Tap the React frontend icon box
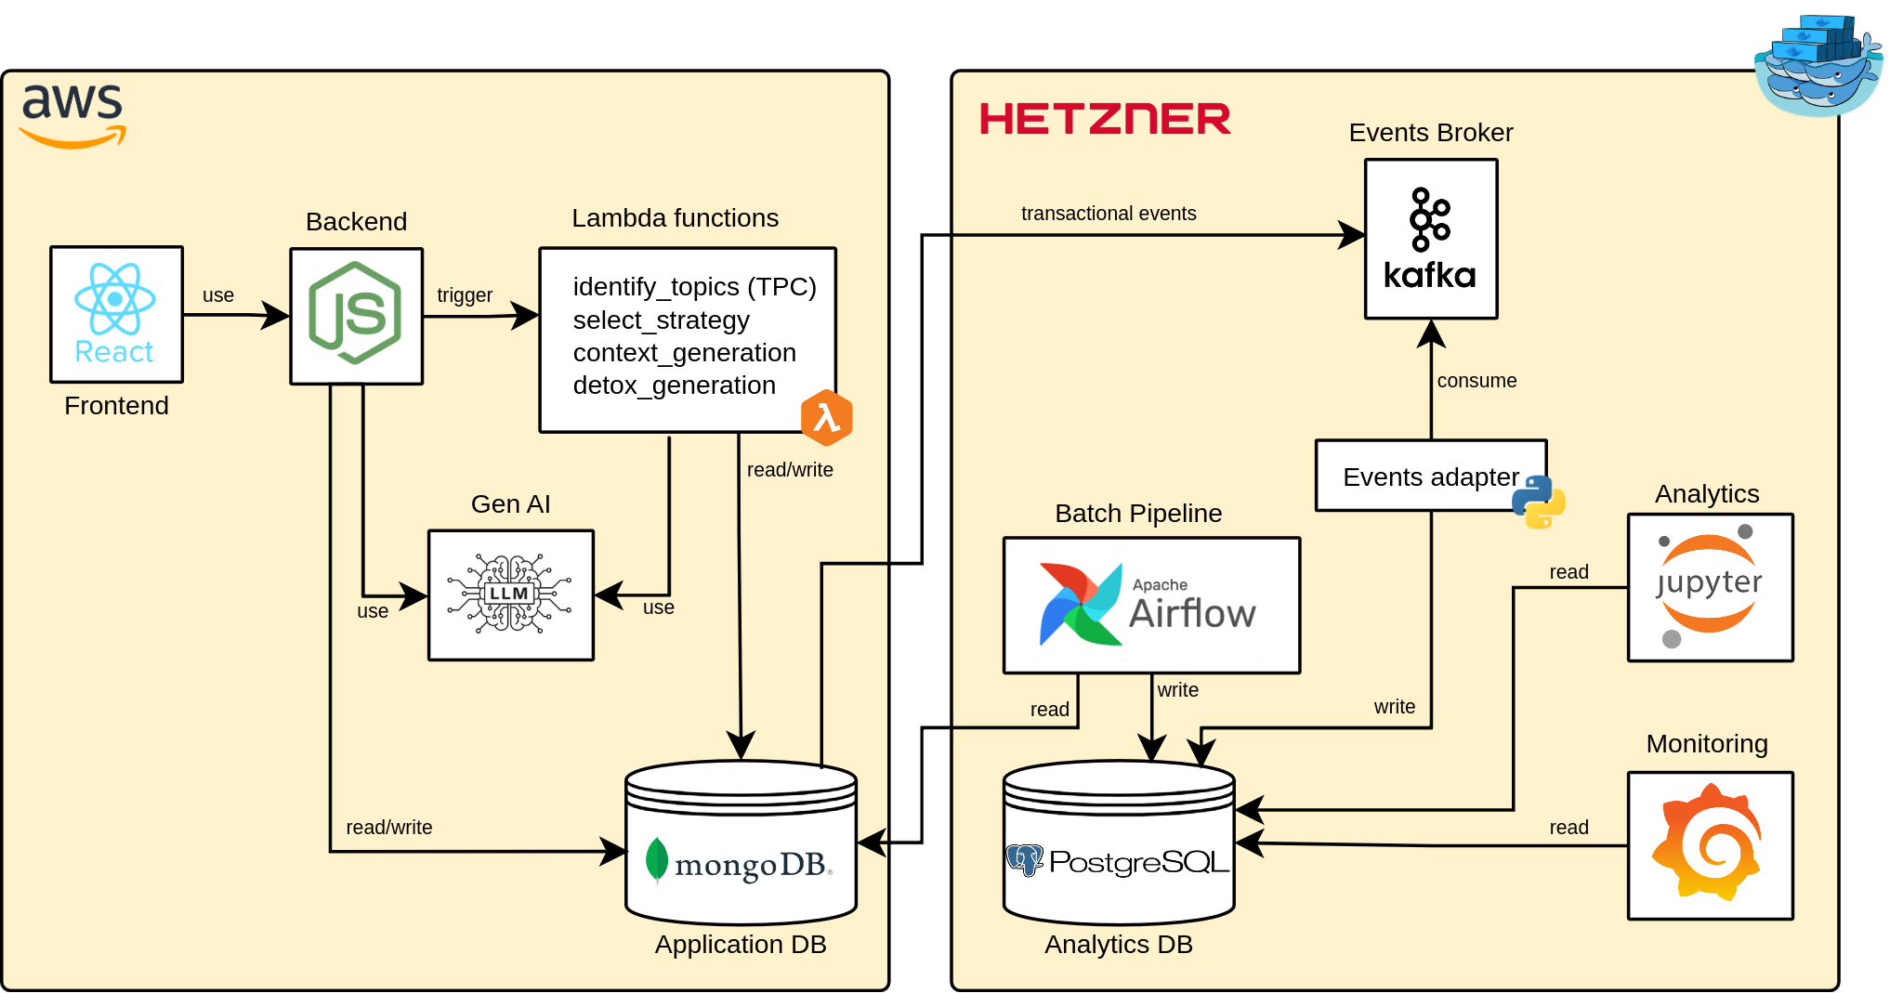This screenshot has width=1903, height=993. (116, 314)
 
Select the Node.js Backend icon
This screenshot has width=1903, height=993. (356, 315)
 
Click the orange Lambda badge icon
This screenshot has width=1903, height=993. (826, 417)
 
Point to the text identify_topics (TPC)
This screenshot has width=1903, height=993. (694, 287)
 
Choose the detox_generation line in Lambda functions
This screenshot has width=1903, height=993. (674, 385)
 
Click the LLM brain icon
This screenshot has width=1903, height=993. (510, 594)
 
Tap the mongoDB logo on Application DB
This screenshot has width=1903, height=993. (740, 862)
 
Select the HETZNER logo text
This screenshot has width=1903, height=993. (1105, 120)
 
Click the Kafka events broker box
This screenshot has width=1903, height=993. (1430, 239)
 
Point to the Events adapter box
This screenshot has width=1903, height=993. (1430, 477)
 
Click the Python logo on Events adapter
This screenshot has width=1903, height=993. (1539, 502)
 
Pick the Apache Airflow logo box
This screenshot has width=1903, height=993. (1151, 605)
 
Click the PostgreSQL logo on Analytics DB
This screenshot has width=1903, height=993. (1118, 862)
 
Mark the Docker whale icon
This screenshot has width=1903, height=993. (1818, 67)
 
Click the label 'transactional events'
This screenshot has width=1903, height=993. (1109, 214)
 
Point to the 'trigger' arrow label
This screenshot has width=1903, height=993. (465, 295)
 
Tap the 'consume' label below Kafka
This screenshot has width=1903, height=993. (1476, 381)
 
